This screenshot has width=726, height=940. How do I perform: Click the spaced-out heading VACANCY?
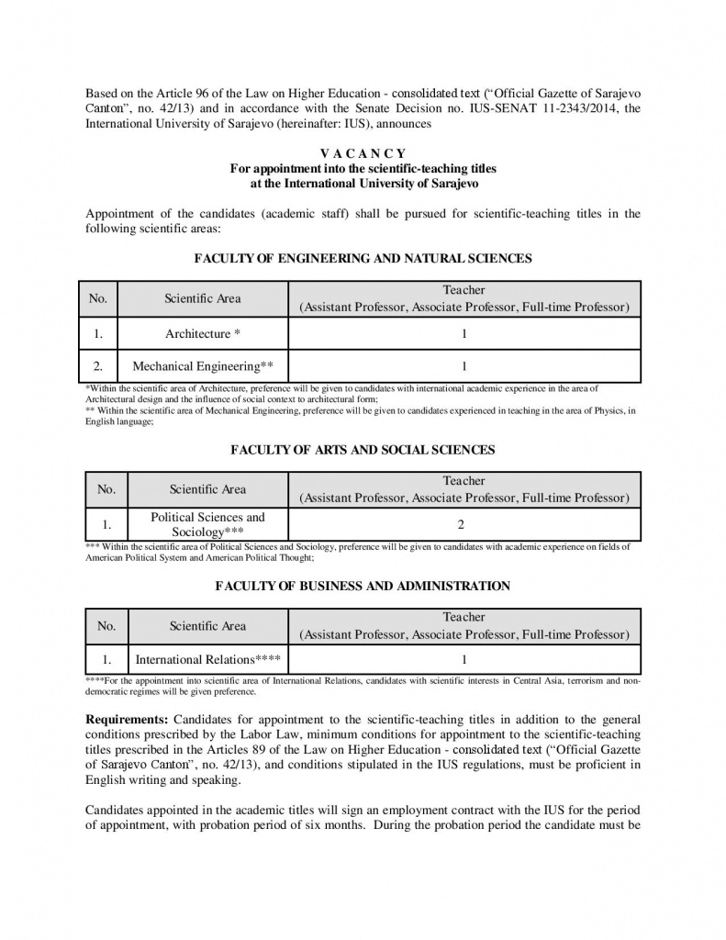(x=363, y=153)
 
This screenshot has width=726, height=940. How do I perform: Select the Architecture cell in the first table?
(x=203, y=334)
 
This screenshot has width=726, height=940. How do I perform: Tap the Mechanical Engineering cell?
(x=203, y=366)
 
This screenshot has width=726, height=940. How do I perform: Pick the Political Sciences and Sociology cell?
(x=207, y=524)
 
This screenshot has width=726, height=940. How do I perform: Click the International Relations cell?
(x=207, y=659)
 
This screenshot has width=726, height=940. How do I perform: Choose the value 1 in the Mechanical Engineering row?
(x=464, y=366)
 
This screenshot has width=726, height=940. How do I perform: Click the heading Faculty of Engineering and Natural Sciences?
(x=363, y=259)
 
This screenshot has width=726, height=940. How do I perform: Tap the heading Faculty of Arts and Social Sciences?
(x=363, y=450)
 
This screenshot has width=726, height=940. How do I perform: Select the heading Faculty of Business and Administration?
(x=363, y=586)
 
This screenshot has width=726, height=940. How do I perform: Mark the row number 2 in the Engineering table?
(x=98, y=366)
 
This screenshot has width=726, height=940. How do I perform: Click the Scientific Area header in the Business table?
(x=207, y=626)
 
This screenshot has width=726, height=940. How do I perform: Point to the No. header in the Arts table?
(x=106, y=489)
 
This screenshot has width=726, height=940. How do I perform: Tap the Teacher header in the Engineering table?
(x=464, y=290)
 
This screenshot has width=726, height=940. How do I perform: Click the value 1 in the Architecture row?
(x=464, y=334)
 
